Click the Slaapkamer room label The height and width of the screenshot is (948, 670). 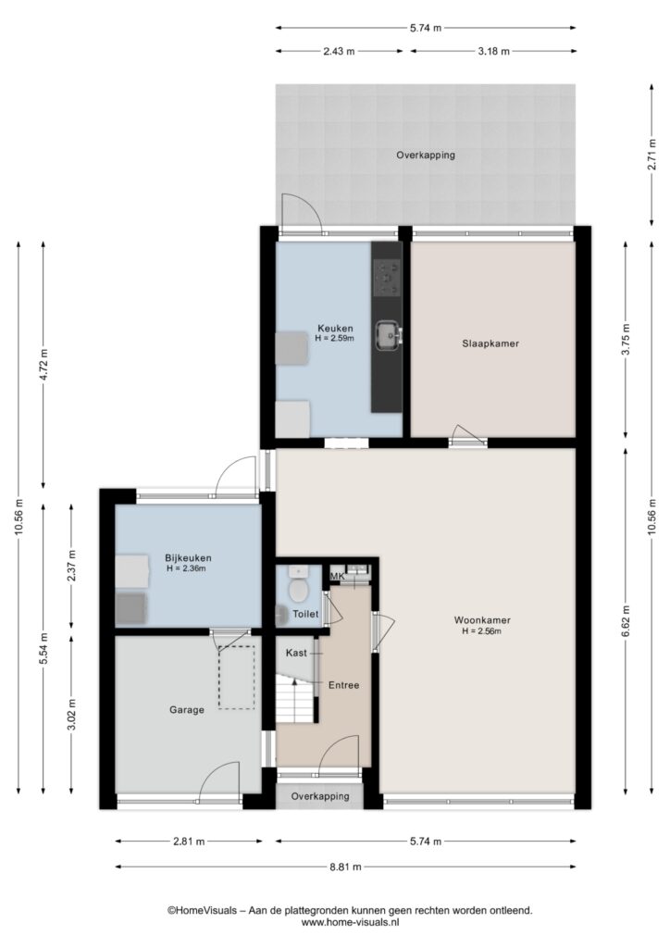click(490, 343)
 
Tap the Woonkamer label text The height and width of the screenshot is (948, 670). click(482, 619)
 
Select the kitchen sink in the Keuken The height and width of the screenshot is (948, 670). click(387, 334)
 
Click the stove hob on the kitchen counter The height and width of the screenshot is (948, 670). click(387, 278)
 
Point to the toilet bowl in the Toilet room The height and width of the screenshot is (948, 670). click(297, 588)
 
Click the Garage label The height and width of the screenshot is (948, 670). click(187, 710)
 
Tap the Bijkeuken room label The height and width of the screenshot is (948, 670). click(188, 558)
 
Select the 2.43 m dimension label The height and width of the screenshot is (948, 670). click(339, 52)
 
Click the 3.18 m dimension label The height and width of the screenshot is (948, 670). click(493, 52)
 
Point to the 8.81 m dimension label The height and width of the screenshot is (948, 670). click(345, 867)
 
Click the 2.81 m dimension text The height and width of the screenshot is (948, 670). click(189, 841)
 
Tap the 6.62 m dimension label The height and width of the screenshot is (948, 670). click(626, 620)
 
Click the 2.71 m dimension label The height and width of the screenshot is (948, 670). click(651, 155)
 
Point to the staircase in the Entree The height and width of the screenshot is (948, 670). click(296, 698)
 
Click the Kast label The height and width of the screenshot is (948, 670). click(296, 653)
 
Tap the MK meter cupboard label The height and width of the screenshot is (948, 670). click(337, 576)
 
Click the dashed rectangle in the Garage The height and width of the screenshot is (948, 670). click(237, 678)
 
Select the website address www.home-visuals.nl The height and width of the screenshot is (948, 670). click(351, 923)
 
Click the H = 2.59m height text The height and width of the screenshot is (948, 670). click(334, 339)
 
